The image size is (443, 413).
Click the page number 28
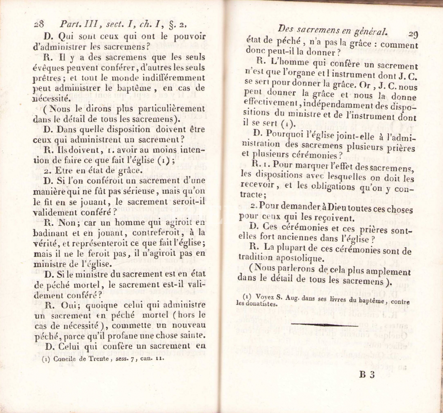click(39, 24)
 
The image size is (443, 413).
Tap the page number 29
click(413, 35)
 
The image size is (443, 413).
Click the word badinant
click(50, 233)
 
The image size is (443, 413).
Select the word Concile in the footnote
click(64, 359)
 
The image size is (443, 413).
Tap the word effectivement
click(271, 102)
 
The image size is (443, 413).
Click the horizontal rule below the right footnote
click(324, 325)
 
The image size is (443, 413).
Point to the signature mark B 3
click(367, 375)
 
